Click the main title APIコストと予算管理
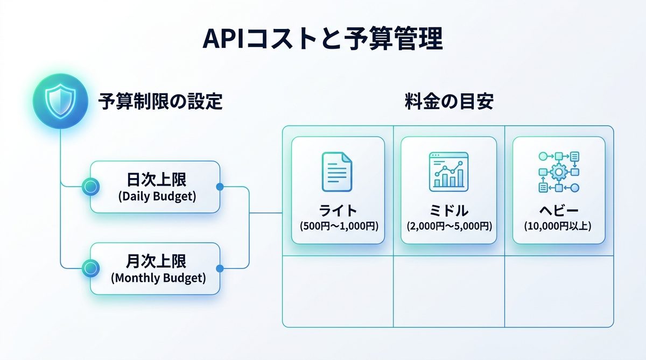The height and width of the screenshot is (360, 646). pyautogui.click(x=322, y=39)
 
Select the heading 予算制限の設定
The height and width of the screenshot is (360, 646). pyautogui.click(x=160, y=101)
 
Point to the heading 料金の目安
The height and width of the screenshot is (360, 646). pyautogui.click(x=448, y=101)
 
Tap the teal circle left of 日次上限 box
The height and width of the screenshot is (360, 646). pyautogui.click(x=90, y=187)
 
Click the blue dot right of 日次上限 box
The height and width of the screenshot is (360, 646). pyautogui.click(x=219, y=187)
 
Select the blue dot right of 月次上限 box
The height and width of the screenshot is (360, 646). pyautogui.click(x=219, y=268)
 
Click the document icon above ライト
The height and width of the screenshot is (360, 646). pyautogui.click(x=338, y=171)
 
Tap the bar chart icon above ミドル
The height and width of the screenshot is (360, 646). pyautogui.click(x=448, y=171)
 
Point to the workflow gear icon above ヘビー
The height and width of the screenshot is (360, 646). pyautogui.click(x=558, y=172)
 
